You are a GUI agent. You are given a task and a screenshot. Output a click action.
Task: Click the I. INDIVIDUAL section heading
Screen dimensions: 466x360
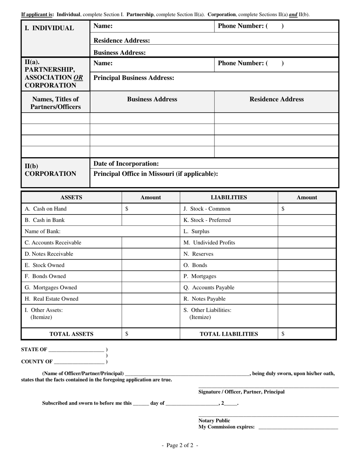tap(49, 28)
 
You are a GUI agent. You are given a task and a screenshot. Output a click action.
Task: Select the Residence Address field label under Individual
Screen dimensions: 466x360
tap(122, 41)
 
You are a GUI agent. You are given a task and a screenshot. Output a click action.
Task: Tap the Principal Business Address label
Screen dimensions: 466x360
tap(134, 78)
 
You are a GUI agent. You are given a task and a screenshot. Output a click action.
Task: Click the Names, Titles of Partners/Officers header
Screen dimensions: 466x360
tap(56, 103)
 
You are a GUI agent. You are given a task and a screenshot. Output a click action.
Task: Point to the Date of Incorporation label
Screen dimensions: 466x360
tap(126, 164)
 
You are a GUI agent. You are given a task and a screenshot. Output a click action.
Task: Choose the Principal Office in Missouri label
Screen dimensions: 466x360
tap(156, 174)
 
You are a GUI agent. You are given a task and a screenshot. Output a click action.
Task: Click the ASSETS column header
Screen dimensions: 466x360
tap(71, 197)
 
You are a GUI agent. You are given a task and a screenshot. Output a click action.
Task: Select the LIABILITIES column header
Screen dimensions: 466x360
tap(229, 197)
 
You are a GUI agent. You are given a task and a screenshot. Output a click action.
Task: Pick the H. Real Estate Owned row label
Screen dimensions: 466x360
tap(52, 299)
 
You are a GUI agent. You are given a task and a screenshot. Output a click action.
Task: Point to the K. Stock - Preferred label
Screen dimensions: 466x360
tap(207, 220)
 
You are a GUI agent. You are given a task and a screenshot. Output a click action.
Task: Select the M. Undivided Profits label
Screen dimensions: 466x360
tap(209, 242)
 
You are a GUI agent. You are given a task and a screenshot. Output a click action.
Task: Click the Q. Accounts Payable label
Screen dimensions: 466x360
tap(209, 288)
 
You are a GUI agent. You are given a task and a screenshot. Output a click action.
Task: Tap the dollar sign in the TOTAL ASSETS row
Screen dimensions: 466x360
tap(127, 334)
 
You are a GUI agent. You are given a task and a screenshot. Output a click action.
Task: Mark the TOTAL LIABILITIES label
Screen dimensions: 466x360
tap(229, 334)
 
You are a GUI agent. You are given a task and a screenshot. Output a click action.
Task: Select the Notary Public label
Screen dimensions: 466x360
tap(214, 421)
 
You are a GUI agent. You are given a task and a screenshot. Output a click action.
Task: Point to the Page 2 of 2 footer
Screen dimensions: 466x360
tap(180, 446)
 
